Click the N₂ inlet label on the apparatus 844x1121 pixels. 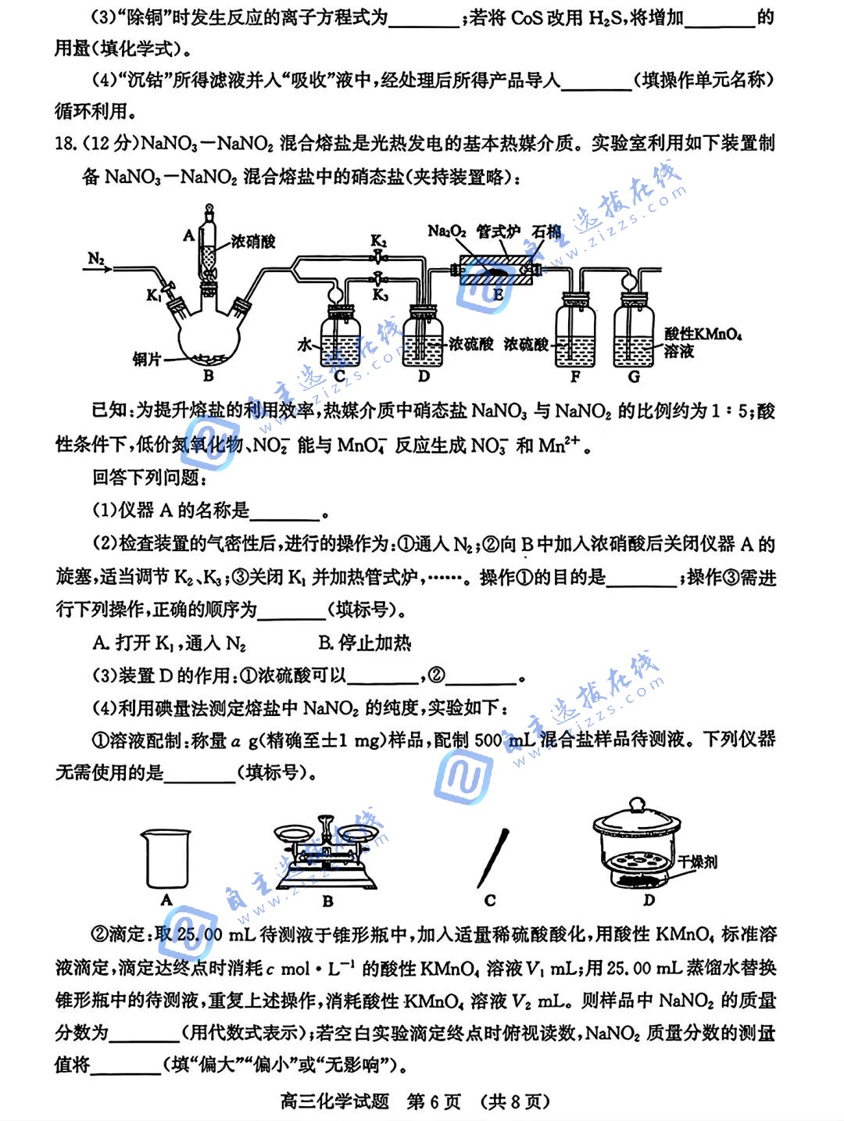pyautogui.click(x=96, y=258)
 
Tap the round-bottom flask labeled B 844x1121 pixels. pyautogui.click(x=209, y=336)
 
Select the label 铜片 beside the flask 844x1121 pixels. pyautogui.click(x=147, y=359)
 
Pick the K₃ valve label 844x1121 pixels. pyautogui.click(x=380, y=294)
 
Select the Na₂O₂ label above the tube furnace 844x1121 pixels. pyautogui.click(x=447, y=231)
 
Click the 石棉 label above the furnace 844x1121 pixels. pyautogui.click(x=546, y=231)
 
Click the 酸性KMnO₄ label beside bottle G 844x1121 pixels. pyautogui.click(x=703, y=335)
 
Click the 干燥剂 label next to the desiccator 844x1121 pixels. pyautogui.click(x=697, y=862)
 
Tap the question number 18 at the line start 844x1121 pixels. pyautogui.click(x=66, y=144)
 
